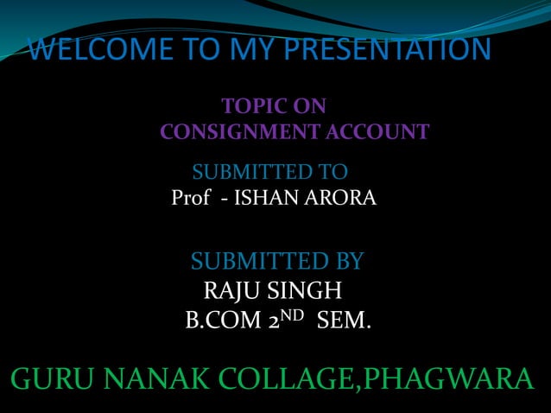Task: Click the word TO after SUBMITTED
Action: tap(330, 169)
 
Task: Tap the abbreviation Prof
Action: tap(190, 199)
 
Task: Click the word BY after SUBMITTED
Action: tap(345, 260)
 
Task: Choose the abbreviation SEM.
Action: tap(344, 322)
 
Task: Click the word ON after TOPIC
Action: tap(309, 107)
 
